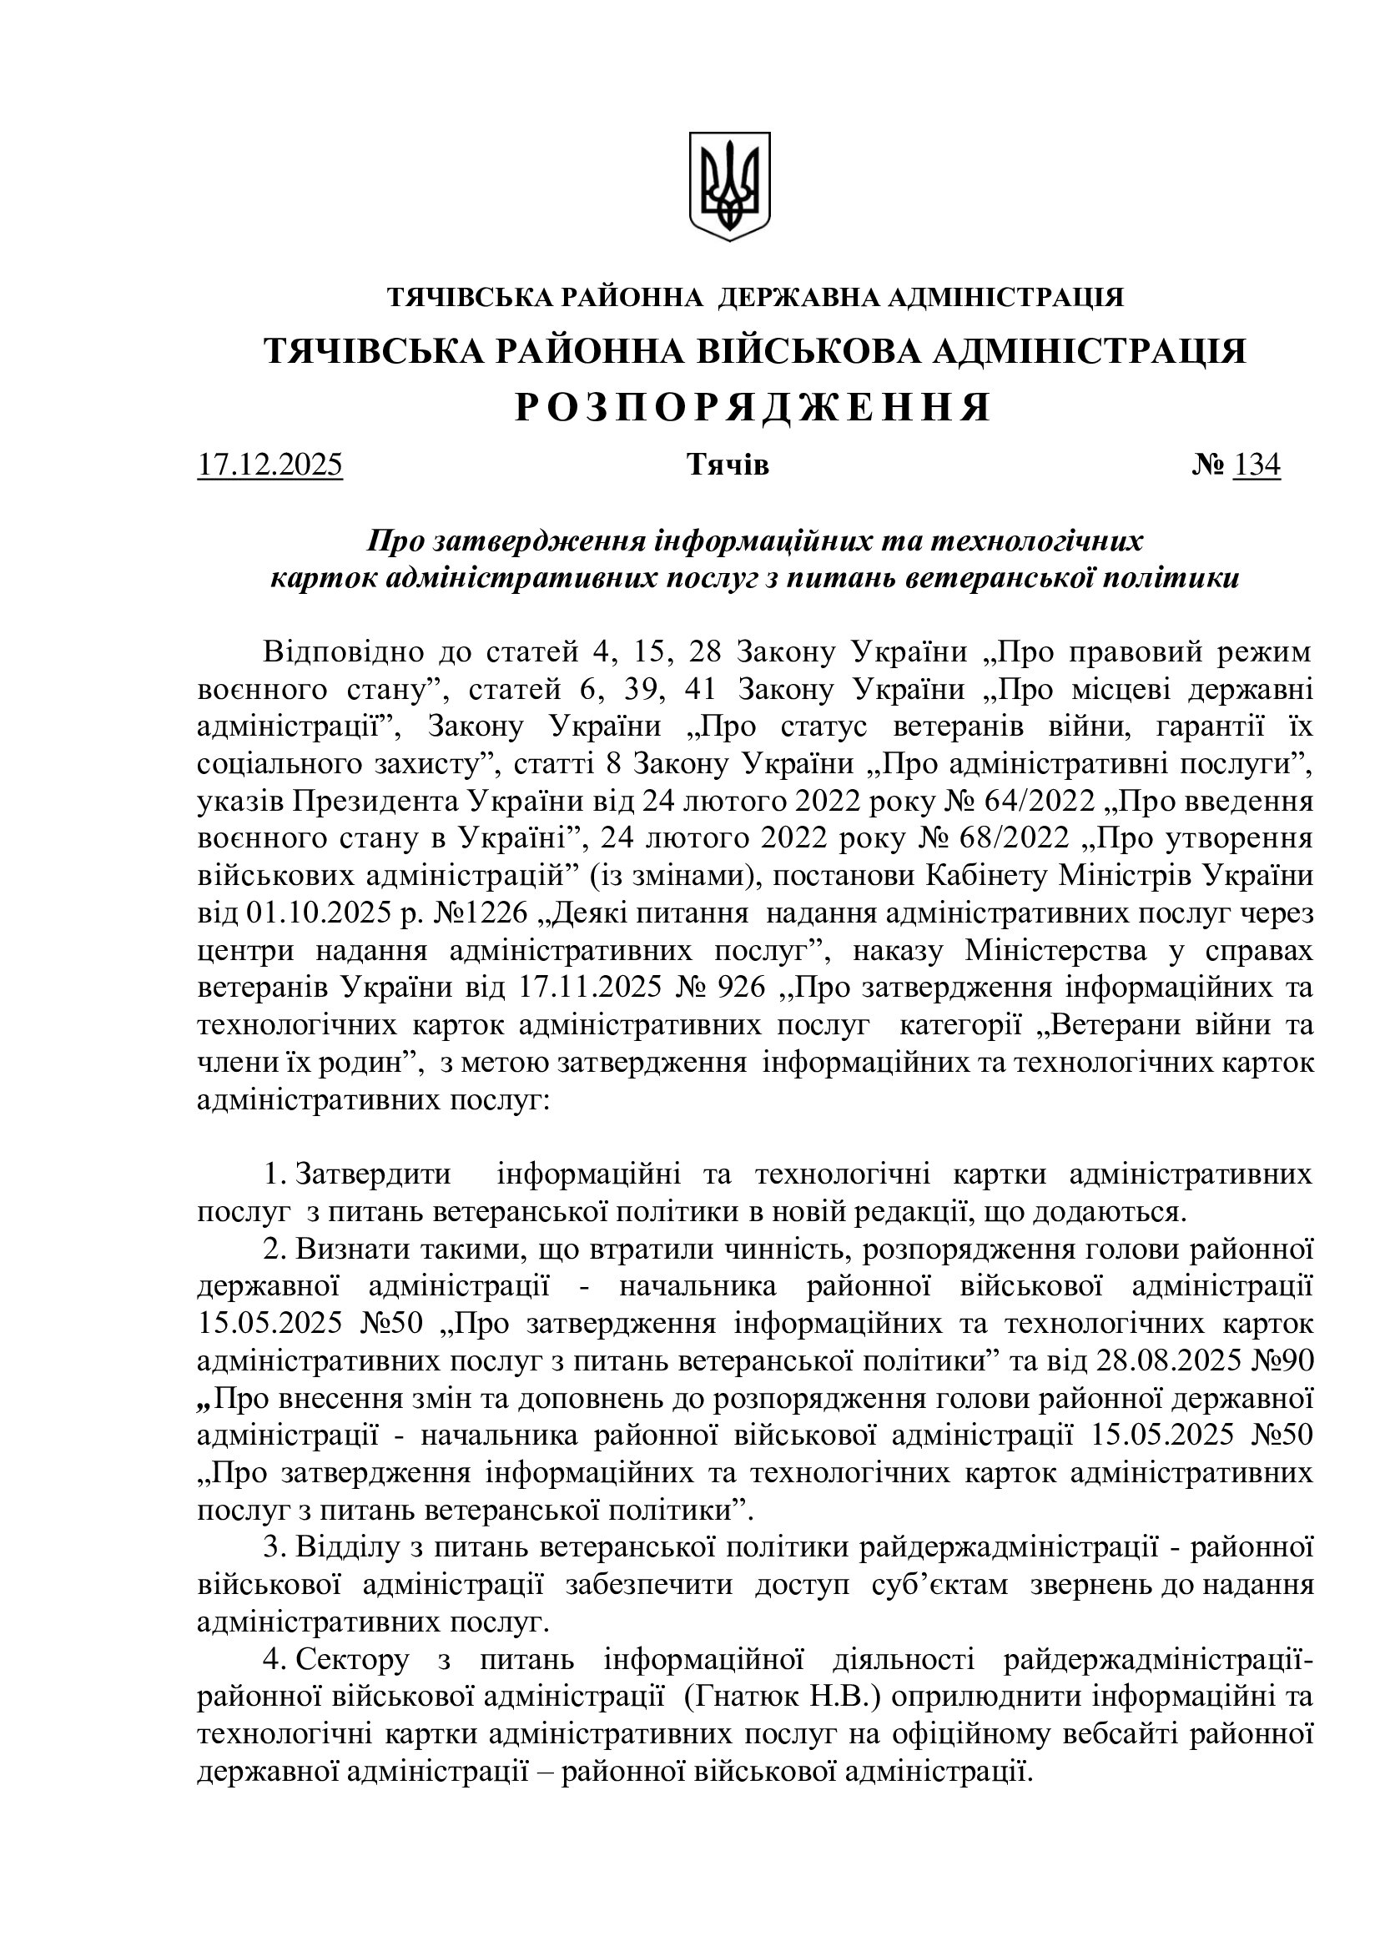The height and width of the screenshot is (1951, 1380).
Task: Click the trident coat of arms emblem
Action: pos(728,185)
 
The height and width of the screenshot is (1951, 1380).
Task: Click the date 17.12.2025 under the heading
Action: pos(269,465)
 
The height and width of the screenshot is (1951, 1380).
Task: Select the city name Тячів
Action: pos(728,465)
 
